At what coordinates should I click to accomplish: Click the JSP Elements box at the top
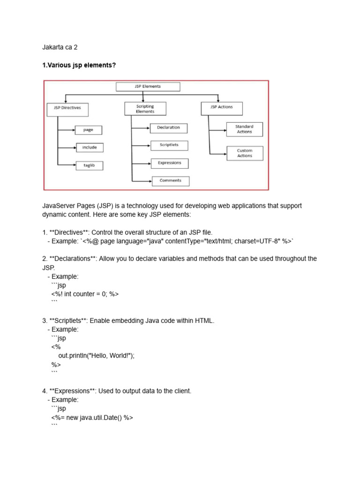(x=148, y=87)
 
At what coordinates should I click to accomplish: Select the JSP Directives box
(x=67, y=108)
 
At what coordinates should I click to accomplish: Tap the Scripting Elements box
(x=145, y=109)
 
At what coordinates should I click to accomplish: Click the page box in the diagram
(x=88, y=130)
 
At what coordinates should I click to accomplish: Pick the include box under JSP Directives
(x=89, y=148)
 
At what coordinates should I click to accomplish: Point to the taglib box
(x=89, y=165)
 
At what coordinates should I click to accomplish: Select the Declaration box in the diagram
(x=168, y=127)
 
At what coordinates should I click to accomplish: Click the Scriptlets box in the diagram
(x=168, y=145)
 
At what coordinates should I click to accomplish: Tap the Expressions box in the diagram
(x=169, y=163)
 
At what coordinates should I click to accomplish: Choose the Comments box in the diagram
(x=170, y=180)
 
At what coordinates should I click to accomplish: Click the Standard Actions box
(x=244, y=129)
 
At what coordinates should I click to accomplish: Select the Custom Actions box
(x=244, y=153)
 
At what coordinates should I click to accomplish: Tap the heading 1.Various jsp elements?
(x=79, y=65)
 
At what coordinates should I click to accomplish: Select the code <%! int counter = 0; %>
(x=85, y=294)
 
